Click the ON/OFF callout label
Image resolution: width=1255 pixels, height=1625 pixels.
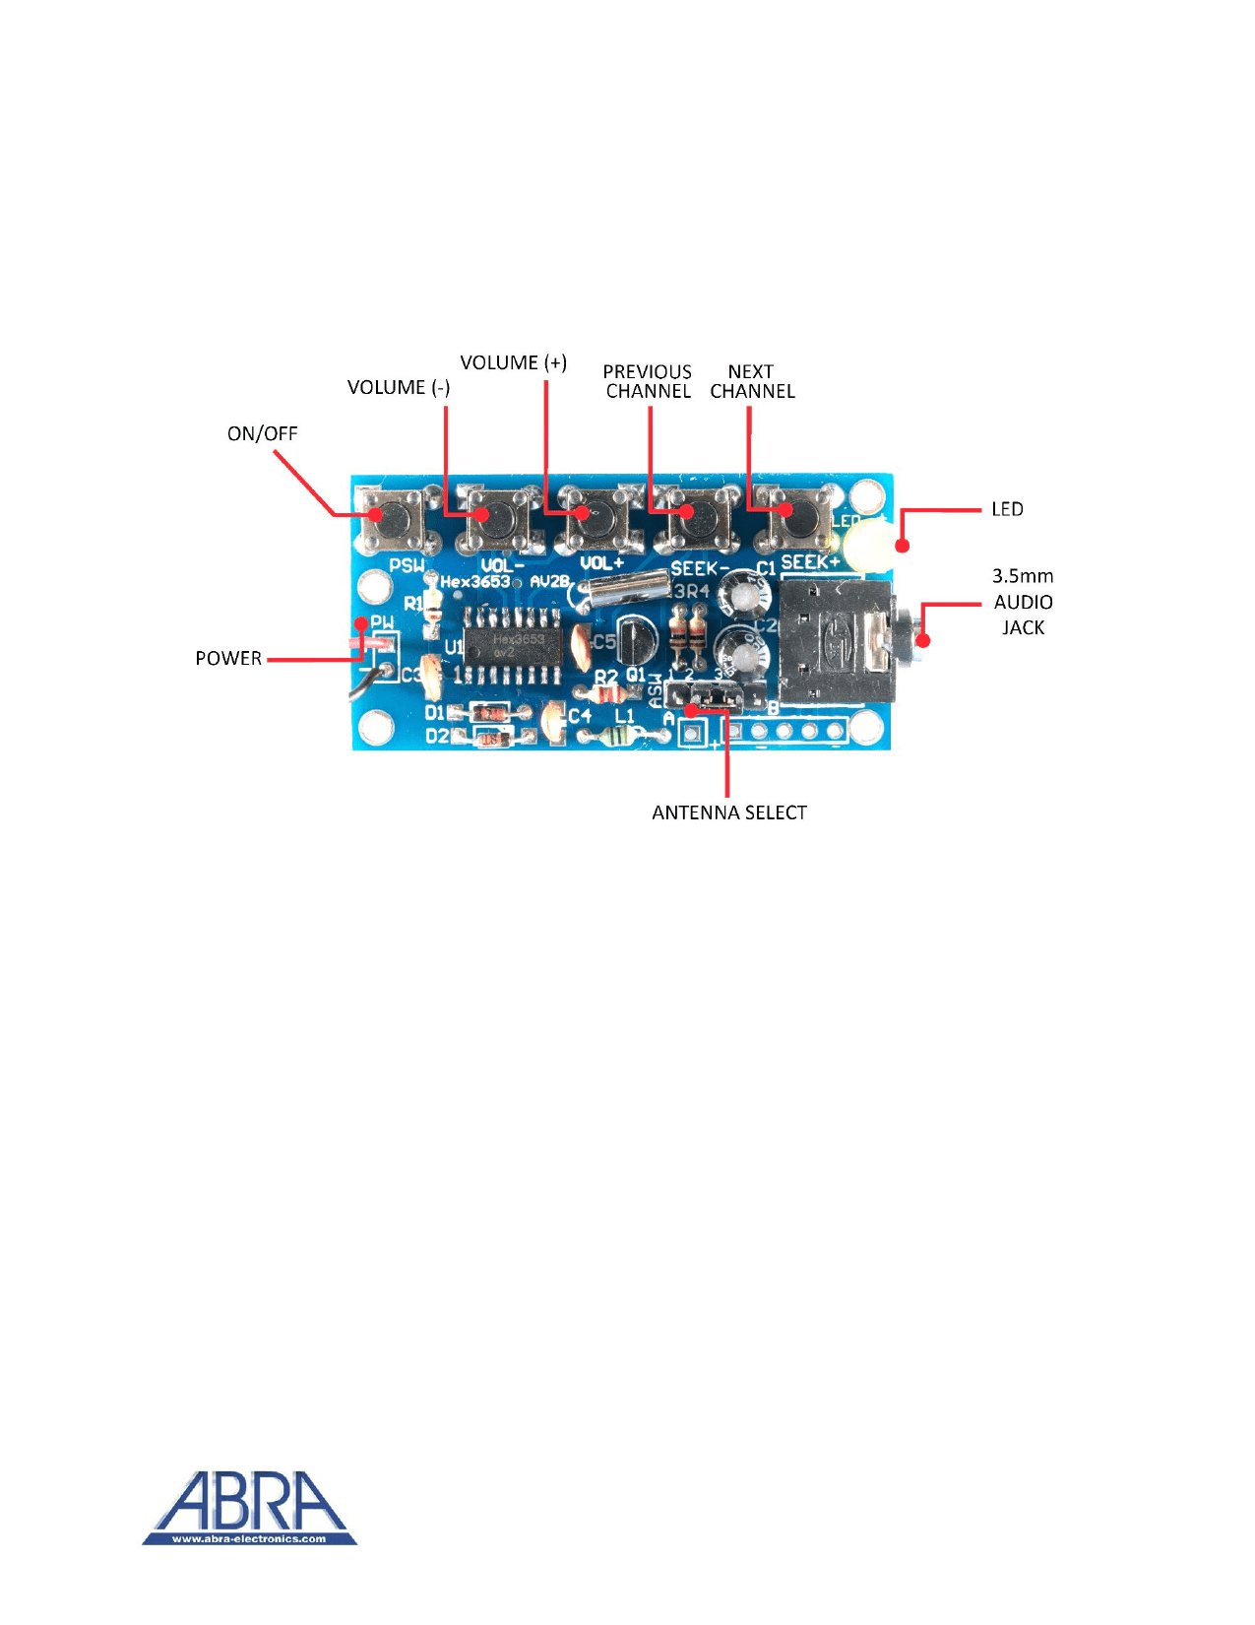(262, 434)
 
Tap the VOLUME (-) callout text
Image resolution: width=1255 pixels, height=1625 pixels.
(399, 388)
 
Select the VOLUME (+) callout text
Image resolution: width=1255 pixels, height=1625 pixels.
(513, 363)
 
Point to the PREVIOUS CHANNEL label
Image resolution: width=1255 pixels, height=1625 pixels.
(648, 382)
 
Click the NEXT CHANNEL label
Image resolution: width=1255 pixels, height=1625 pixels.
(752, 382)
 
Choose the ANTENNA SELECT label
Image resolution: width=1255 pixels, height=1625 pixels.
(729, 813)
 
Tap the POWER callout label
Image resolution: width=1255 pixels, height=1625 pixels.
(228, 659)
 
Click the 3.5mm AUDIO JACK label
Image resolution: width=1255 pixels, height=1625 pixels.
(1023, 602)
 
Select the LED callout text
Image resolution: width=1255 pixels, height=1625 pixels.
(1007, 510)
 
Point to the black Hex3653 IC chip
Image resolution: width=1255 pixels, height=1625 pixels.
(512, 646)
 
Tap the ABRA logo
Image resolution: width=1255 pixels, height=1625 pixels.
(249, 1508)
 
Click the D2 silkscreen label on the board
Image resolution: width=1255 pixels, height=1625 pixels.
(437, 737)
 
